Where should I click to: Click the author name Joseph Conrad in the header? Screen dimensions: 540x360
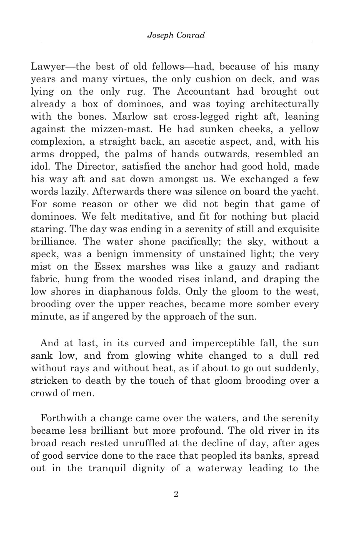pos(176,35)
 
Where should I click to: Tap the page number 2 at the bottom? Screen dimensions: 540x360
pos(176,494)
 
